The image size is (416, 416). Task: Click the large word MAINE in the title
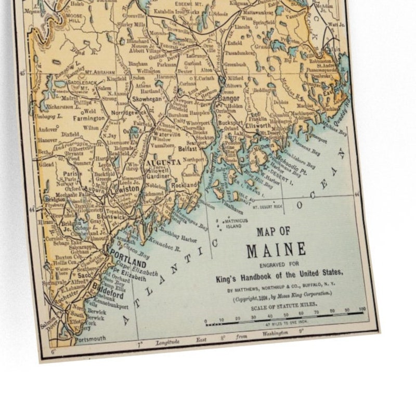(276, 251)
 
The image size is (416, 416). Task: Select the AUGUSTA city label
(163, 162)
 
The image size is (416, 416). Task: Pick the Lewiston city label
(126, 189)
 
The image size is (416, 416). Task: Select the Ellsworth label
(256, 126)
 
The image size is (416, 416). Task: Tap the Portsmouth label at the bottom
(90, 339)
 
